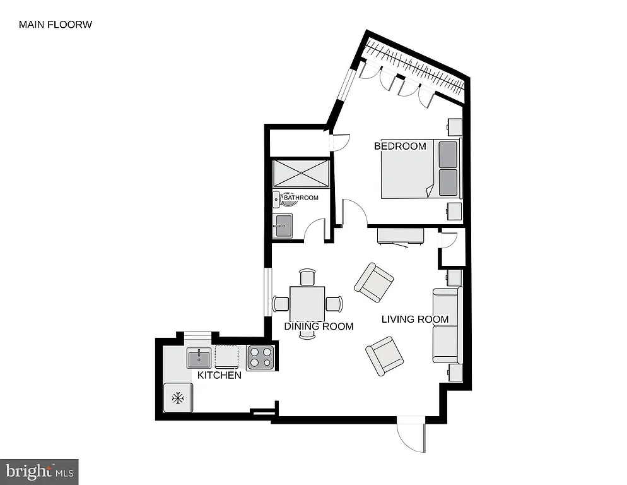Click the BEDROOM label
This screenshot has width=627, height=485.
[x=400, y=147]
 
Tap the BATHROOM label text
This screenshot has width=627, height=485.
[x=301, y=198]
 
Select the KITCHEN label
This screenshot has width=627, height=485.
[x=219, y=375]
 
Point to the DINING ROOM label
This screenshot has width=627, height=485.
[x=319, y=326]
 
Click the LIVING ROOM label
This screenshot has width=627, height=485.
[x=415, y=320]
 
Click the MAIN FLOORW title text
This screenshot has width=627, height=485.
[x=56, y=25]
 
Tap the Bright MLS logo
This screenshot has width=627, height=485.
[x=39, y=471]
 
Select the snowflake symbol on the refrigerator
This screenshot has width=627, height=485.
[x=179, y=398]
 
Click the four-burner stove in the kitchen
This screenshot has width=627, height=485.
[x=261, y=358]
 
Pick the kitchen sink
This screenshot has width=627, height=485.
[x=199, y=358]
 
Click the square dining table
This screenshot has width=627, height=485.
[x=307, y=304]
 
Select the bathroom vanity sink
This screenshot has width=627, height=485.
[x=283, y=225]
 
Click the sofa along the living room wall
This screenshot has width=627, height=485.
[x=447, y=325]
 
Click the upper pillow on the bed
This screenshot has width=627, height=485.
[x=447, y=155]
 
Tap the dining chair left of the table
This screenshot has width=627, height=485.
[x=281, y=304]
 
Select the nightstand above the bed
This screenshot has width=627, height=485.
[x=455, y=127]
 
